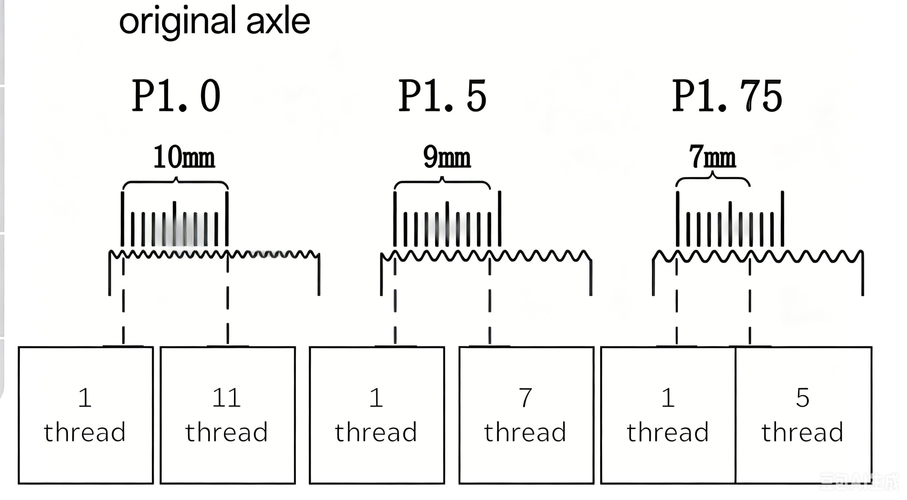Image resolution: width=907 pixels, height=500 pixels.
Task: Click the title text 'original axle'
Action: click(214, 22)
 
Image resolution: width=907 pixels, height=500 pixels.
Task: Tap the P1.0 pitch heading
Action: click(176, 96)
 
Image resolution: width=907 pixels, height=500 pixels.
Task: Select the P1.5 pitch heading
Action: click(442, 96)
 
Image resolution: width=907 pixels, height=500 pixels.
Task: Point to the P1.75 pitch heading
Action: click(727, 96)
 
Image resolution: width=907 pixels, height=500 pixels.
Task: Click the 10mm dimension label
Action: click(184, 157)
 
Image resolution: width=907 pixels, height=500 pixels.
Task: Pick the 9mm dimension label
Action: click(447, 157)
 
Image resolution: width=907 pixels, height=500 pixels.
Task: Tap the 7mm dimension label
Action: click(712, 157)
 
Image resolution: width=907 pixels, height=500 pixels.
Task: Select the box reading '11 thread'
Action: click(227, 415)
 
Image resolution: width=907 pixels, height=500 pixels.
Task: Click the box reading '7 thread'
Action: click(526, 415)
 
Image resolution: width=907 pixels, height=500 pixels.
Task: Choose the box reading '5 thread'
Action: click(804, 415)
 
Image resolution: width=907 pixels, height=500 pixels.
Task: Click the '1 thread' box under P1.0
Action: click(86, 415)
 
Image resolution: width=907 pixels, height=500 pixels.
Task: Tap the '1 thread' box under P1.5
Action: click(377, 415)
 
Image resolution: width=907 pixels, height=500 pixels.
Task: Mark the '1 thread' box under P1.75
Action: click(668, 415)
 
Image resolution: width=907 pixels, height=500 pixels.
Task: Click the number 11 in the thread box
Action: click(226, 398)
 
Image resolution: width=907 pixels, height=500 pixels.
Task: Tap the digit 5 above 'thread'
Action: click(803, 398)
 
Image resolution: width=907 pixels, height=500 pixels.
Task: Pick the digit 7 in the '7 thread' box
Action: click(525, 398)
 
